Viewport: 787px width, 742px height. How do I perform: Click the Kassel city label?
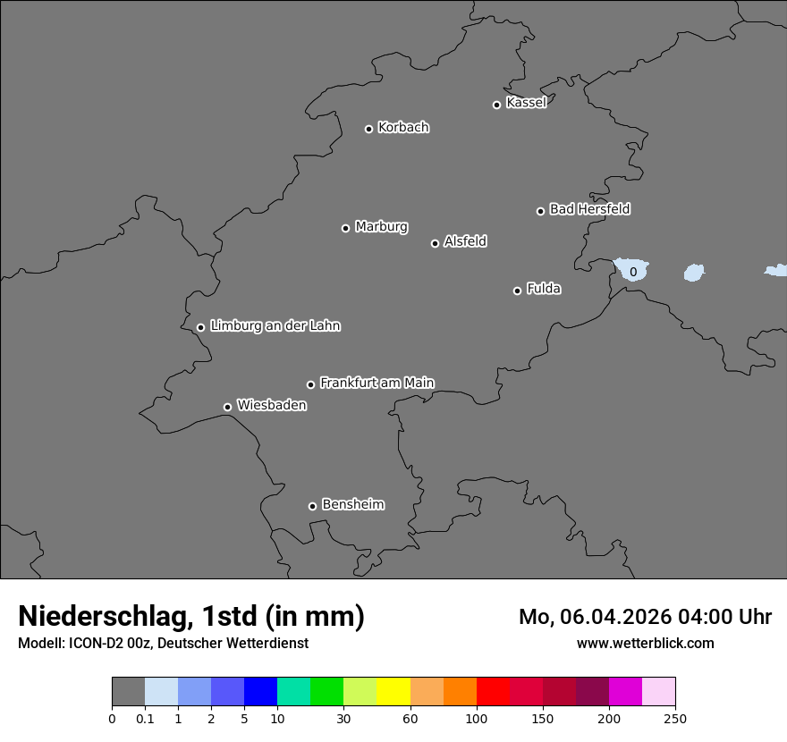(x=526, y=103)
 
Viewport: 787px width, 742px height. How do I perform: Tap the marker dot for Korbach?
(x=368, y=129)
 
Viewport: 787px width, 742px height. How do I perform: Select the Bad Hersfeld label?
(x=589, y=209)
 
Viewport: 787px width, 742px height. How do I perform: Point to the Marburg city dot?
(x=345, y=228)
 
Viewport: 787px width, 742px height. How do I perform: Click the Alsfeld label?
(x=465, y=241)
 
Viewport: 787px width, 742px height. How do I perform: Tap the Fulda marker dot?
(x=517, y=291)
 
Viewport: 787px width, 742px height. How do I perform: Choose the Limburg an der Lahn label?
(x=275, y=325)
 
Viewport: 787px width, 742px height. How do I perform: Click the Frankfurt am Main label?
(x=377, y=383)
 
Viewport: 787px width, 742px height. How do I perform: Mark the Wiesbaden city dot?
(x=227, y=407)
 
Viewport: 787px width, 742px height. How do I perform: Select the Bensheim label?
(x=352, y=504)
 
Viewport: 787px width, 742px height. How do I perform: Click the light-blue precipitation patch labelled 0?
(x=633, y=271)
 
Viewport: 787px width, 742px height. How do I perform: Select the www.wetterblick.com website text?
(x=645, y=643)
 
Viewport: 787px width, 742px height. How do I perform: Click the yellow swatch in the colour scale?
(x=393, y=692)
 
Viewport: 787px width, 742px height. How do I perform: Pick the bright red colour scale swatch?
(x=493, y=692)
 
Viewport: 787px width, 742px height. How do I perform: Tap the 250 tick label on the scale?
(x=675, y=718)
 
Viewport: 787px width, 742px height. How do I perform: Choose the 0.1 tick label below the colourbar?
(x=145, y=718)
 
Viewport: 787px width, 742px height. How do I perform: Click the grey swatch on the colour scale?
(x=128, y=692)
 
